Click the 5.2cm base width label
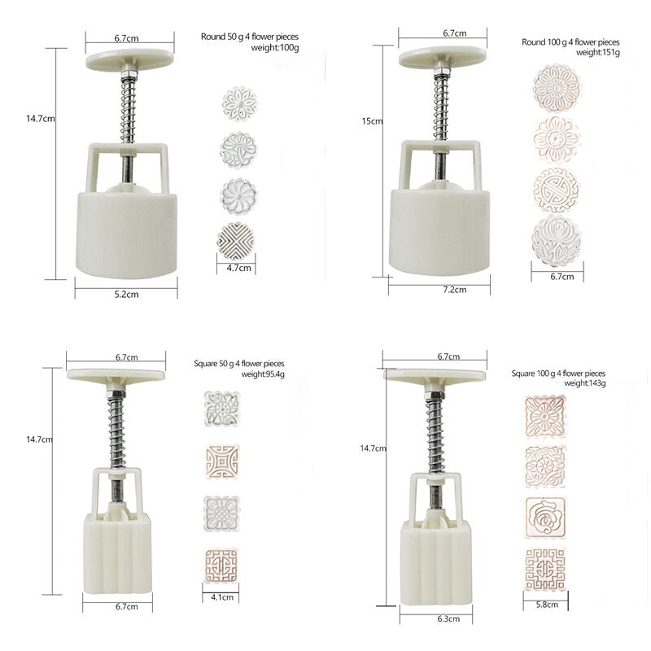click(x=125, y=291)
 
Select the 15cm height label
click(x=372, y=121)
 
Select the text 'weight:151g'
click(x=597, y=53)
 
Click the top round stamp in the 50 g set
click(x=239, y=103)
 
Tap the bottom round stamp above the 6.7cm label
click(x=557, y=241)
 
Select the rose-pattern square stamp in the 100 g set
click(x=545, y=513)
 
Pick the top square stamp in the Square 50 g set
click(x=221, y=407)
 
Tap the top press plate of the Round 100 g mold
click(x=443, y=56)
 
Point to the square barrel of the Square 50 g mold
click(x=117, y=554)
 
